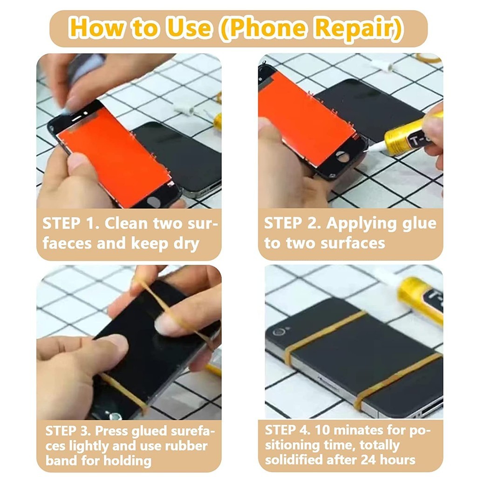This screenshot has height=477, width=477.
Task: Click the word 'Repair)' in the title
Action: tap(359, 28)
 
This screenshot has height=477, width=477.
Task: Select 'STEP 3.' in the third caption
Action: tap(68, 431)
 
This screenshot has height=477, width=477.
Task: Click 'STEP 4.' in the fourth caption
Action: tap(287, 430)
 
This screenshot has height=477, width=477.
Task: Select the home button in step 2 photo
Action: tap(343, 157)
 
